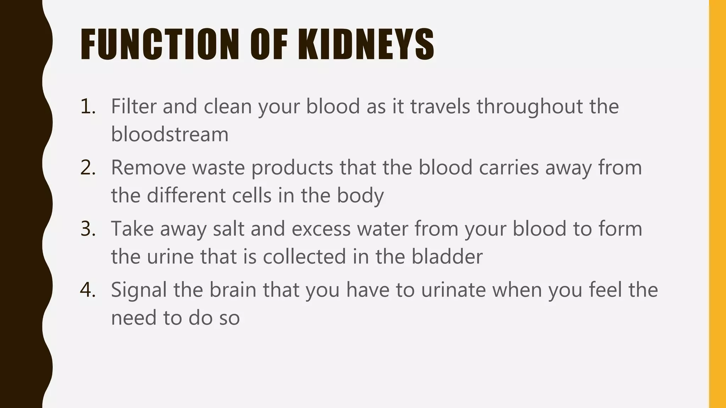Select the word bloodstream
click(x=170, y=134)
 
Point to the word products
click(x=292, y=168)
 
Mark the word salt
click(x=229, y=229)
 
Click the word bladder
click(x=447, y=257)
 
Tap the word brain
click(x=233, y=290)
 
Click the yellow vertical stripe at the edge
click(x=717, y=204)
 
